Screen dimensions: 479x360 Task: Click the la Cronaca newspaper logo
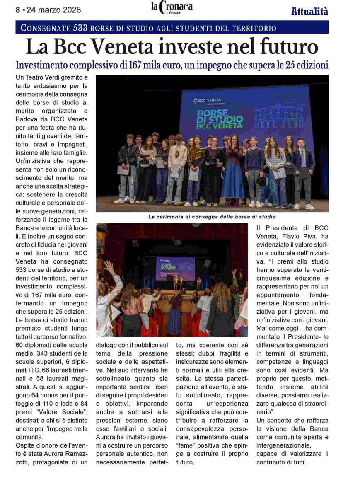tap(171, 7)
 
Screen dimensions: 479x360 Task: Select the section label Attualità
tap(309, 11)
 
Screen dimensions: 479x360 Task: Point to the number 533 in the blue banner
tap(80, 28)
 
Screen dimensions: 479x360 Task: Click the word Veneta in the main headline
tap(123, 47)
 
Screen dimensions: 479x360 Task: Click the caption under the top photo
tap(212, 217)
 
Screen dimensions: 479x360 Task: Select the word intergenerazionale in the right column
tap(283, 445)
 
